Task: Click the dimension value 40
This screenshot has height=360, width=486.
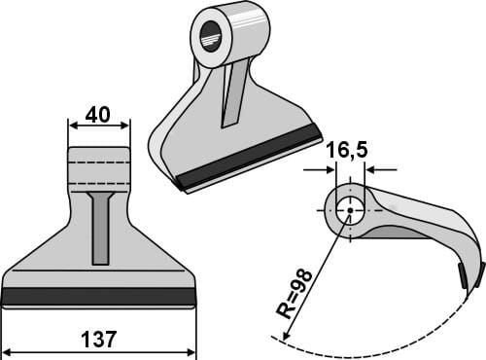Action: (97, 115)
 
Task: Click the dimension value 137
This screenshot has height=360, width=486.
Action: (98, 340)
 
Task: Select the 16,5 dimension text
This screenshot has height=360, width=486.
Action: (347, 150)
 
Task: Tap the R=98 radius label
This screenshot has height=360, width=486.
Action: (295, 294)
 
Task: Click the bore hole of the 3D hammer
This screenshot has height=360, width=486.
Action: (211, 36)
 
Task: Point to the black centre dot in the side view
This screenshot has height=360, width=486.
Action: (350, 210)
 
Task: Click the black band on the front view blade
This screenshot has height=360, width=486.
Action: (99, 296)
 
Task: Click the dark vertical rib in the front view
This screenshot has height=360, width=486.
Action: (100, 228)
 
